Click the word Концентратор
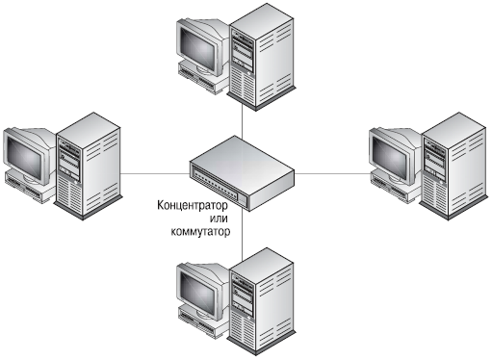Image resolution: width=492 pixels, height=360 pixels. pyautogui.click(x=193, y=205)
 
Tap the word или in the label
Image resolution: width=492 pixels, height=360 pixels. pyautogui.click(x=219, y=219)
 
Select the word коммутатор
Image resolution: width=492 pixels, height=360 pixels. pyautogui.click(x=200, y=231)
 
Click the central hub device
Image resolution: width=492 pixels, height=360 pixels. pyautogui.click(x=242, y=173)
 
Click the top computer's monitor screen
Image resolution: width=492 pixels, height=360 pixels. pyautogui.click(x=196, y=47)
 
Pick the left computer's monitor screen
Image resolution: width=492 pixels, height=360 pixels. pyautogui.click(x=24, y=157)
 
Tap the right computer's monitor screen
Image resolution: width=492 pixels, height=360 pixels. pyautogui.click(x=389, y=157)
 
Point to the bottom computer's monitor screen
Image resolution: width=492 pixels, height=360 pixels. pyautogui.click(x=196, y=292)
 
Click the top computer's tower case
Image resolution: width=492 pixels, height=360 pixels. pyautogui.click(x=261, y=57)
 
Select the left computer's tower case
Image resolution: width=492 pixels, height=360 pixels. pyautogui.click(x=88, y=167)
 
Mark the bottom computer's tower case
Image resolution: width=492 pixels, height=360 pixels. pyautogui.click(x=261, y=301)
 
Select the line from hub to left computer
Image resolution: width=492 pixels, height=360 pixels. pyautogui.click(x=155, y=174)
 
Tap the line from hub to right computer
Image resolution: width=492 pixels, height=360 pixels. pyautogui.click(x=333, y=174)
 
